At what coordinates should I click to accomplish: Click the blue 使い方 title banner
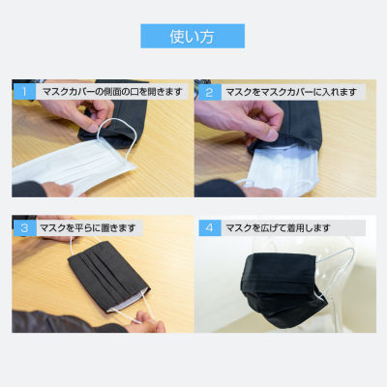pyautogui.click(x=193, y=36)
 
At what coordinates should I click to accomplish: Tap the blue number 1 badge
pyautogui.click(x=24, y=92)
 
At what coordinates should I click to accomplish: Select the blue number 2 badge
pyautogui.click(x=210, y=92)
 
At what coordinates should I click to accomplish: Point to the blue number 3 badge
pyautogui.click(x=24, y=228)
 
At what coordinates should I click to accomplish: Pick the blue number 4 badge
pyautogui.click(x=210, y=228)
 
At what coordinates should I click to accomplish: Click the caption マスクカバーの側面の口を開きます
pyautogui.click(x=112, y=92)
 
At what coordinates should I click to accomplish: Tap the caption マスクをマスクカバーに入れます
pyautogui.click(x=291, y=92)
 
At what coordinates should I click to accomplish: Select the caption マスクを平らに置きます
pyautogui.click(x=87, y=228)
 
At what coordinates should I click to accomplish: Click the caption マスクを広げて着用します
pyautogui.click(x=278, y=228)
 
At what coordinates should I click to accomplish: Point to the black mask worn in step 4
pyautogui.click(x=283, y=288)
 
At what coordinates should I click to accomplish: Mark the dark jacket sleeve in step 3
pyautogui.click(x=65, y=322)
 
